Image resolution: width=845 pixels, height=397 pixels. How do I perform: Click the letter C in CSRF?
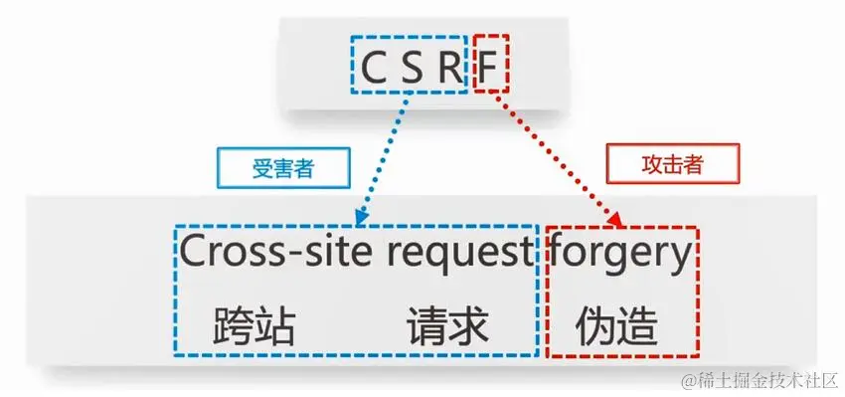coord(372,67)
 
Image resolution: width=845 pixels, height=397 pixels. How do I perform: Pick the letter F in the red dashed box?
coord(489,67)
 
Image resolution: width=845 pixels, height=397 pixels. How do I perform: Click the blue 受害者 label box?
coord(270,168)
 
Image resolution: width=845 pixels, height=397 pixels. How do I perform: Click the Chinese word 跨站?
coord(254,325)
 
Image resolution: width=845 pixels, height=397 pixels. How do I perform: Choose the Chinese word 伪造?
coord(616,325)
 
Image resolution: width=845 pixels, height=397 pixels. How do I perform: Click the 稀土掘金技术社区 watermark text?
coord(761,381)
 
